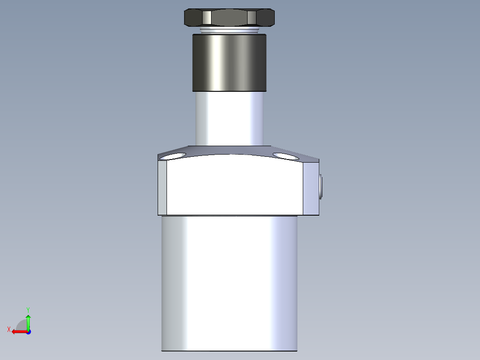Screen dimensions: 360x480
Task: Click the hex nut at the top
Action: [229, 17]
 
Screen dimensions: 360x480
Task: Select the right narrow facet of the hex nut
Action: [252, 18]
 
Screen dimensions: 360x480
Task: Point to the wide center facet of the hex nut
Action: [229, 18]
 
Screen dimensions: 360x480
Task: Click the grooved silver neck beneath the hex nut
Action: [229, 30]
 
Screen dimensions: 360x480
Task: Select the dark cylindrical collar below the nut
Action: [229, 62]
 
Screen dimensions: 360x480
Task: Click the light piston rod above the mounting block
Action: [229, 118]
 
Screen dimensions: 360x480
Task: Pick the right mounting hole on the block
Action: [285, 156]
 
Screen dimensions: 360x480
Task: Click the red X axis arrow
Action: [18, 331]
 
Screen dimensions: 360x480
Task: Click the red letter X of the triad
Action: [9, 329]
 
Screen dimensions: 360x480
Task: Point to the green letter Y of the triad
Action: [28, 309]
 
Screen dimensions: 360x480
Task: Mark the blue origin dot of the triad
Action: [28, 332]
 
